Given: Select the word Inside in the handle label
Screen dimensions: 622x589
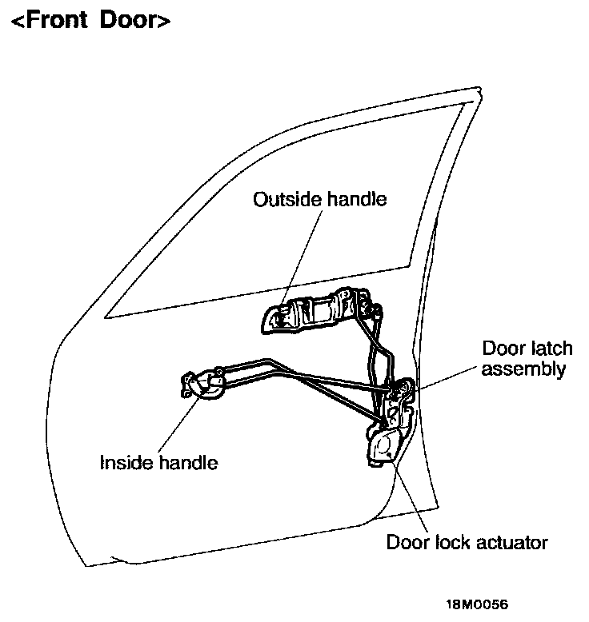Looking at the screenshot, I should pos(126,462).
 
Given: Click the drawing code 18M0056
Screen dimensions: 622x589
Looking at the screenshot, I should pos(478,604).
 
